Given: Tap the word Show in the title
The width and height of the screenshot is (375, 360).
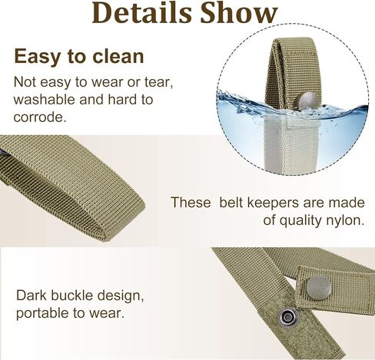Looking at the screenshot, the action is (239, 13).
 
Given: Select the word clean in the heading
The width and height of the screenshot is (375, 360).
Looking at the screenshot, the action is (118, 57).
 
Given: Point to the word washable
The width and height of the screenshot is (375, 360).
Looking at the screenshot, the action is (44, 100).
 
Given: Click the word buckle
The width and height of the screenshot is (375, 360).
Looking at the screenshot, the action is (71, 296).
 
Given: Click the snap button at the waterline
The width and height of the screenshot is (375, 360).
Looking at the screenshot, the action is (309, 100).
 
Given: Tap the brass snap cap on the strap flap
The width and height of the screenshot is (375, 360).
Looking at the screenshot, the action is (319, 288).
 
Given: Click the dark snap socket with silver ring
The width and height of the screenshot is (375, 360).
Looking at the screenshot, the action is (287, 317).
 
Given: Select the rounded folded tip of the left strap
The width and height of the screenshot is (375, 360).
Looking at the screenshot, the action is (122, 220).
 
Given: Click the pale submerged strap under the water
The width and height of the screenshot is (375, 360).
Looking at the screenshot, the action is (290, 144).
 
